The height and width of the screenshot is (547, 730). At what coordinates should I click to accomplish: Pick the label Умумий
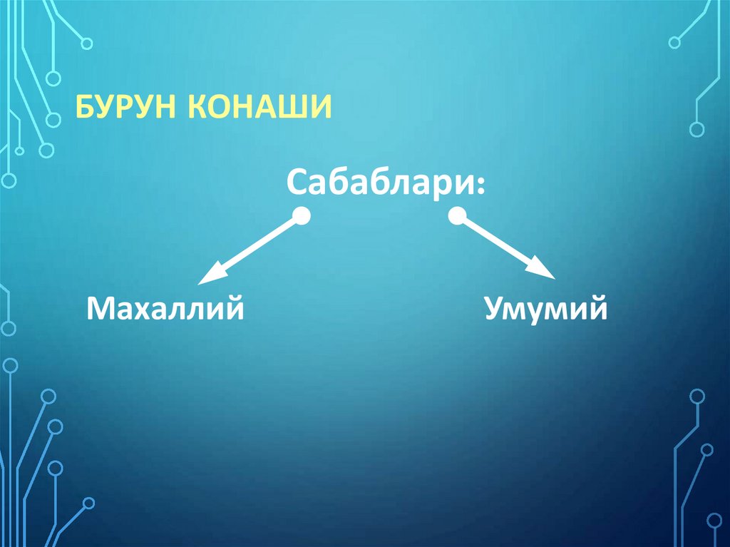(547, 309)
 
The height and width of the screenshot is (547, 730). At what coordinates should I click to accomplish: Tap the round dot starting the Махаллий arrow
(302, 216)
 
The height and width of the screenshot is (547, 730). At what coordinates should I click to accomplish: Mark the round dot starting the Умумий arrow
(456, 216)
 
